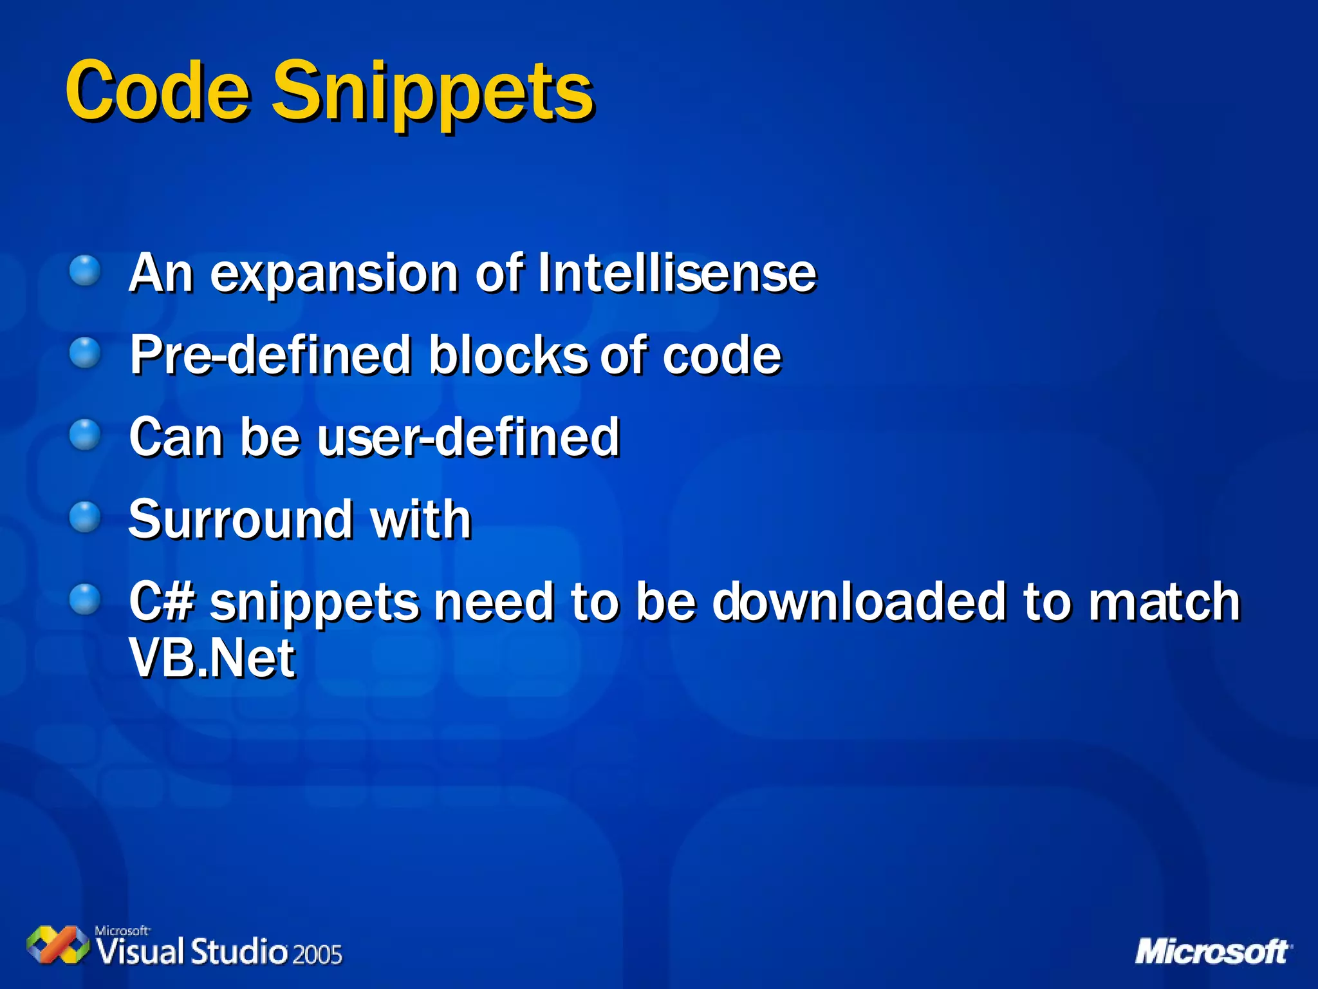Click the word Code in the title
click(x=157, y=91)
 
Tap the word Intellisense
click(x=676, y=273)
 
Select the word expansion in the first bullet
click(x=334, y=276)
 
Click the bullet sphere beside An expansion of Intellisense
click(x=85, y=270)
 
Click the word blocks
click(x=508, y=355)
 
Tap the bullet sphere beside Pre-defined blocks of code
click(x=85, y=353)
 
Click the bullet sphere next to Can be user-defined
click(x=85, y=435)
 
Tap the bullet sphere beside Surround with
click(x=85, y=517)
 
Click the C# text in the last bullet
click(x=162, y=601)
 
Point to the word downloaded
click(x=859, y=601)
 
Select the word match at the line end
click(x=1164, y=601)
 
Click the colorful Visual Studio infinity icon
click(x=58, y=945)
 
